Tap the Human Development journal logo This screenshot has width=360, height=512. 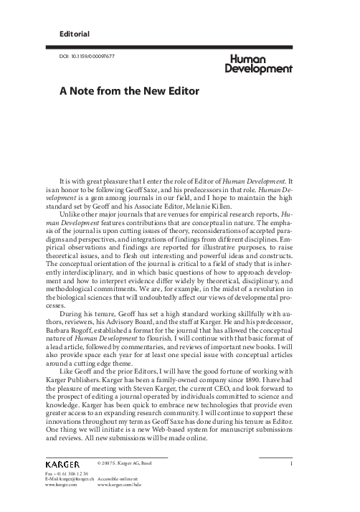coord(259,65)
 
